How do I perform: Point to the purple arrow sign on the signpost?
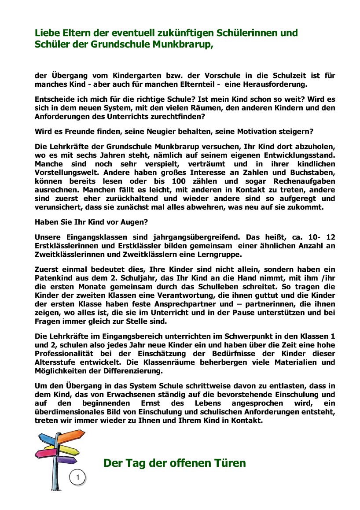click(67, 460)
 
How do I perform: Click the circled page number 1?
click(77, 477)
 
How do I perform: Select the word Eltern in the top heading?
click(73, 33)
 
